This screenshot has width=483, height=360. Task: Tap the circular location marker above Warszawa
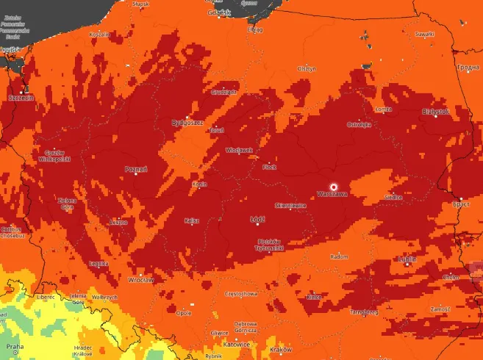333,186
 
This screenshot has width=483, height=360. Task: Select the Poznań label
137,170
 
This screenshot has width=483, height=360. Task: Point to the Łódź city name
258,219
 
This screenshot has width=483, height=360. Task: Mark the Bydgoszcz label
187,123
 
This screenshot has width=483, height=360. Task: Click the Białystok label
434,112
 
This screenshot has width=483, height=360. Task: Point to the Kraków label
281,349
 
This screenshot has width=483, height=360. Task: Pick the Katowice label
237,344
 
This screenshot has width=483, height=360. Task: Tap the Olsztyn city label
306,68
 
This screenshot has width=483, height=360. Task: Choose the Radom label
339,257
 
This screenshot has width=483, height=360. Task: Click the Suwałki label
425,34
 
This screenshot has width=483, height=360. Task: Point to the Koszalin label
99,35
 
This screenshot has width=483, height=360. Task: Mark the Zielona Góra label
68,204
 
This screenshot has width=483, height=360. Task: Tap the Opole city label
185,312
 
